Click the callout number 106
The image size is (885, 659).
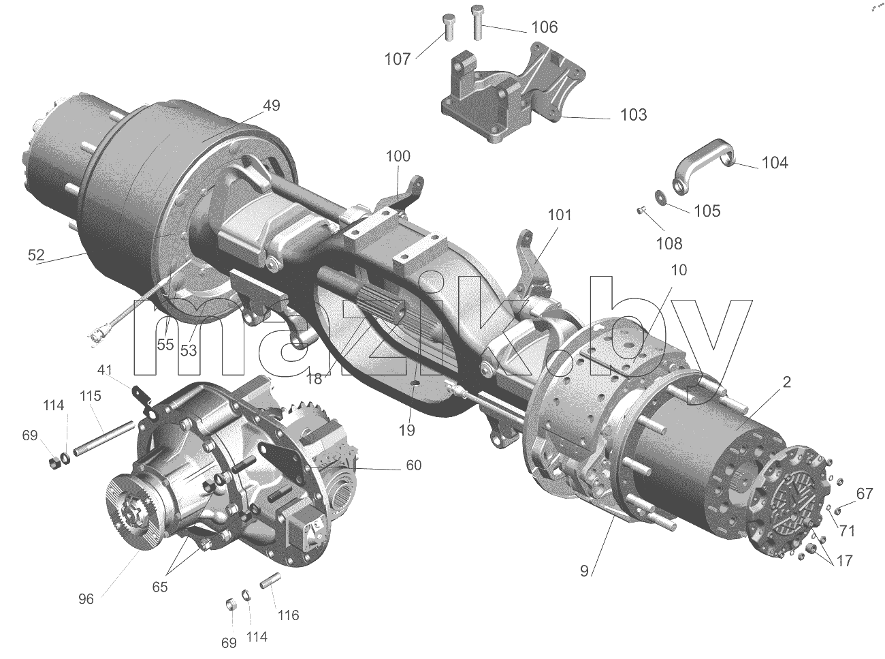click(544, 27)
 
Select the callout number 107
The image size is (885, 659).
click(398, 59)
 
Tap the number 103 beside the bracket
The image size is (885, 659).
click(633, 115)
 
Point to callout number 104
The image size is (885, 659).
click(775, 163)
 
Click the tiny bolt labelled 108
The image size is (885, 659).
click(641, 210)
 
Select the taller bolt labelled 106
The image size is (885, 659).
click(478, 22)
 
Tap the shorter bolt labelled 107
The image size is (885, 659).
click(449, 27)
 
